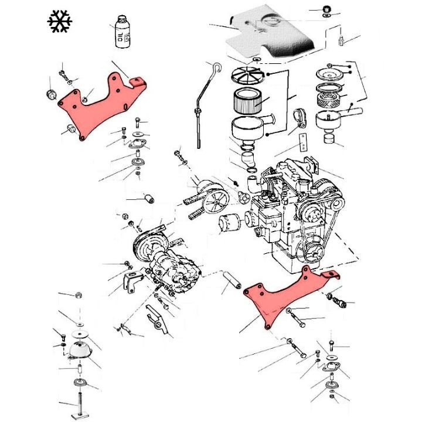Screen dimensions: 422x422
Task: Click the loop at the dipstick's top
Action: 216,68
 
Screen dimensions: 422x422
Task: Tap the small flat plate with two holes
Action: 304,141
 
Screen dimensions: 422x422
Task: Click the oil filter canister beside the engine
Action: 230,224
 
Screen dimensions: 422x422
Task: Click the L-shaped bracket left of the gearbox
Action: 130,283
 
